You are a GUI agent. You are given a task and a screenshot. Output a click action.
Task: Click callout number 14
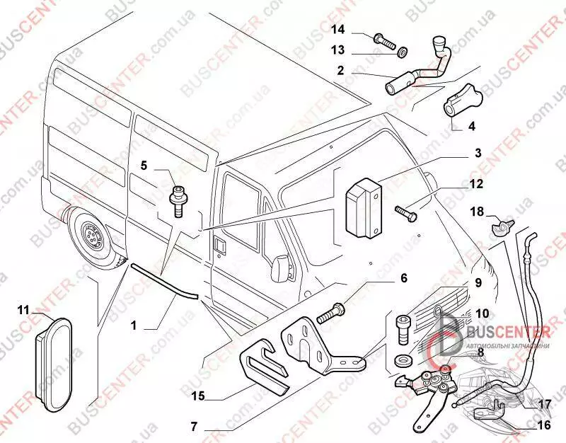coord(339,29)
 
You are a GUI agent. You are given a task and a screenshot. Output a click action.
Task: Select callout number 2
coord(340,71)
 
